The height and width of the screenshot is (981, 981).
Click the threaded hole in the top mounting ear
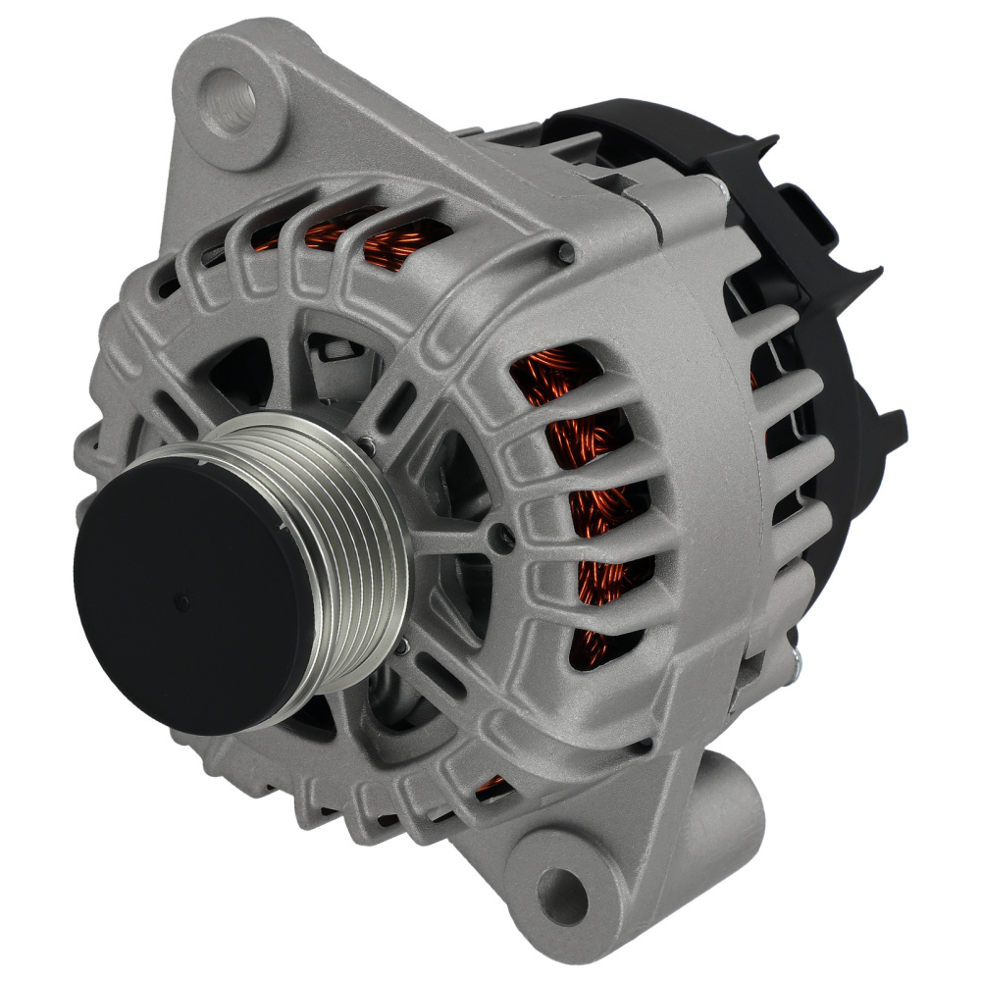(x=231, y=102)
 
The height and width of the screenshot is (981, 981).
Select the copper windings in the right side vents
(x=589, y=490)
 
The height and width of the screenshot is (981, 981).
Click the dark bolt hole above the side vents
(x=566, y=253)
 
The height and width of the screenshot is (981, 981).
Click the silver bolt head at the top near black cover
(x=721, y=192)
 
